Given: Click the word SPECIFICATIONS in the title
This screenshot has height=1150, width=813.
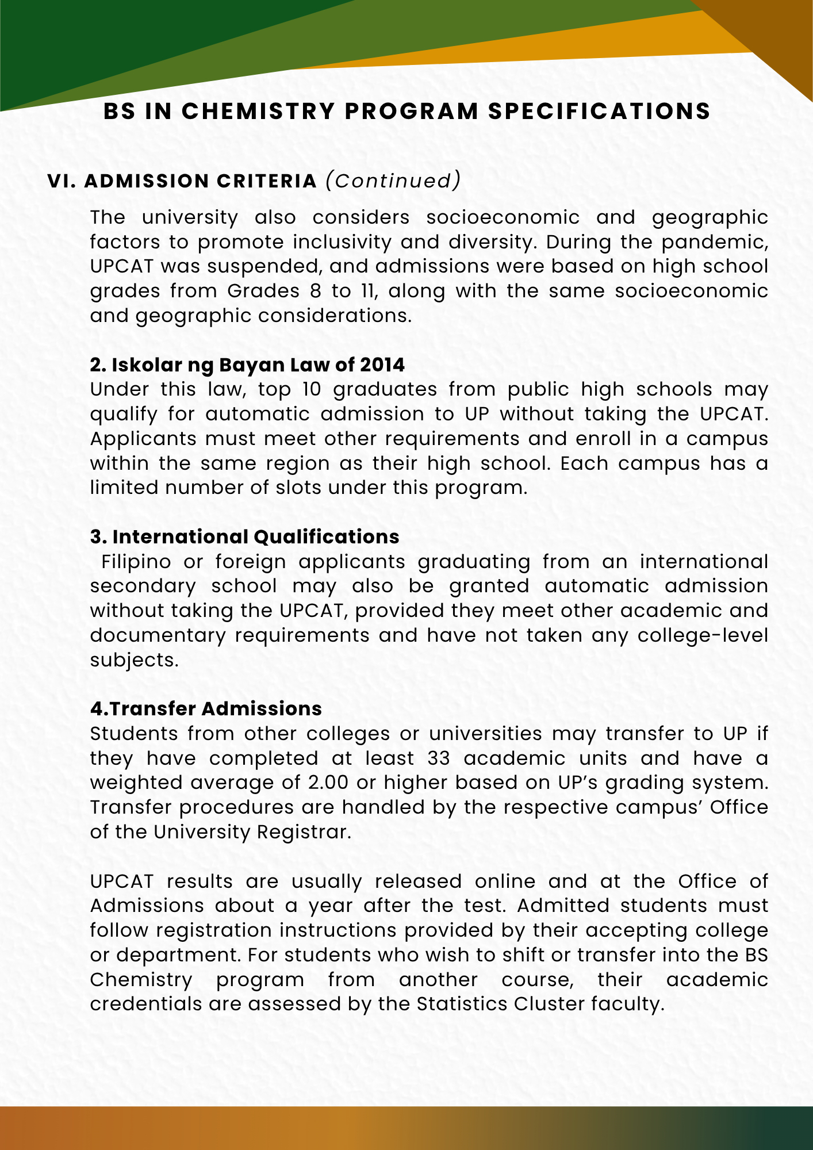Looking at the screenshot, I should tap(599, 112).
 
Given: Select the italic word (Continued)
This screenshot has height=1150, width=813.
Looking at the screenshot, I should tap(393, 181).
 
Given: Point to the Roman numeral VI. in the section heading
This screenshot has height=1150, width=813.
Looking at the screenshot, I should tap(62, 181).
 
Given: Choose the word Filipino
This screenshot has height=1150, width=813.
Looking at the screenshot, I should tap(136, 561).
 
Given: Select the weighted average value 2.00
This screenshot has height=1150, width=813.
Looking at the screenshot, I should tap(329, 783).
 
